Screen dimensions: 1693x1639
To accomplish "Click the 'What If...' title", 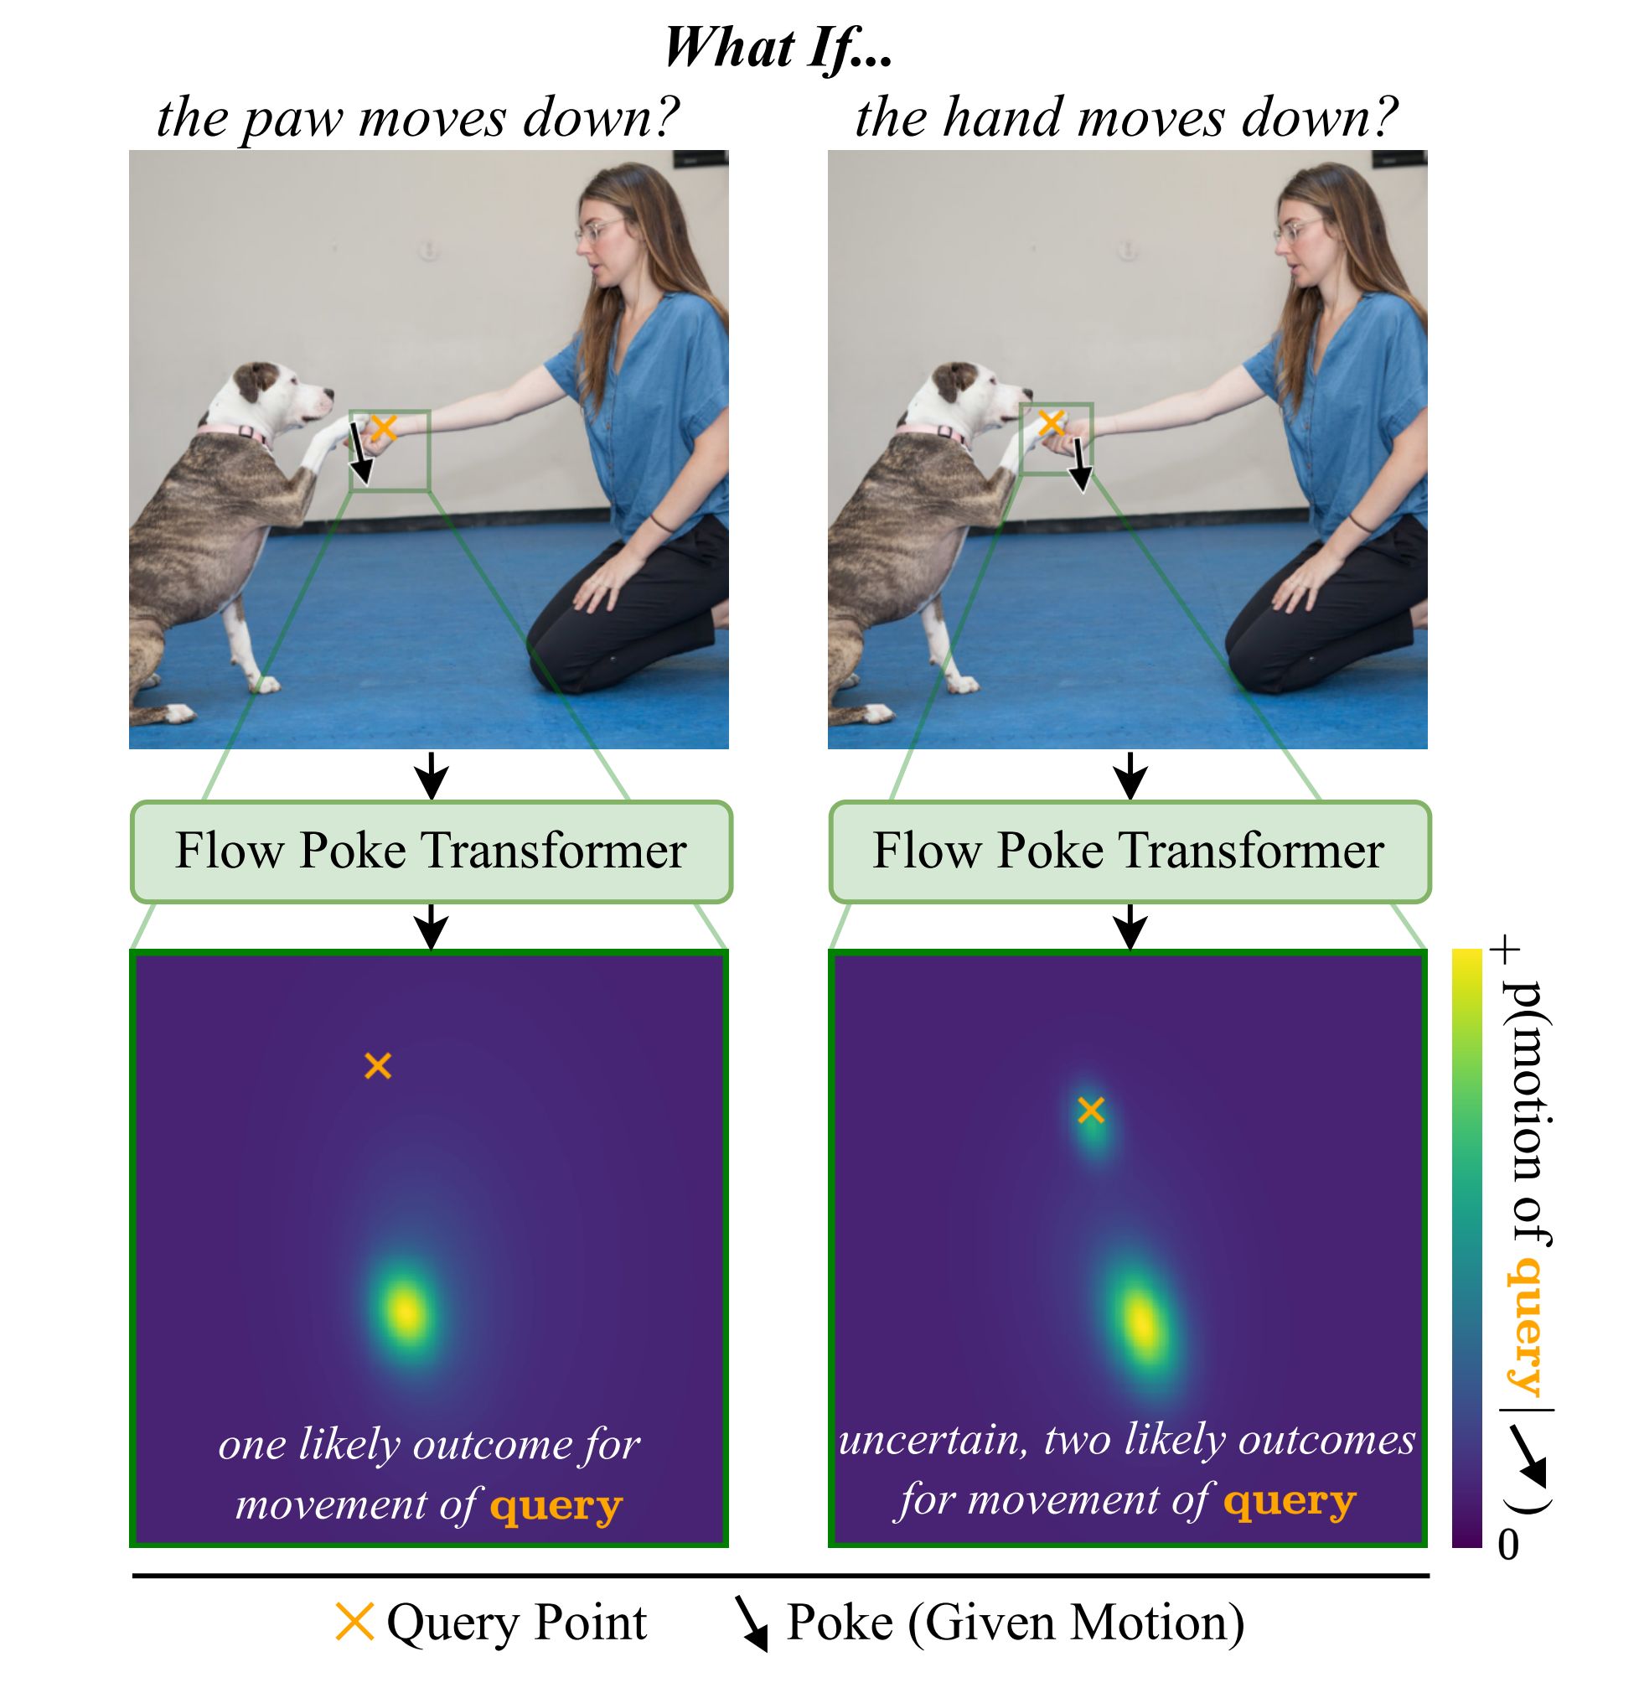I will coord(778,47).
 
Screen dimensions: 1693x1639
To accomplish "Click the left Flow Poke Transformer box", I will coord(431,852).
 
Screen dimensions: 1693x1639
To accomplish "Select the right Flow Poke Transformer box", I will coord(1129,852).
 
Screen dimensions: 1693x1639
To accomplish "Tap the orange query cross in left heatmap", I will coord(378,1066).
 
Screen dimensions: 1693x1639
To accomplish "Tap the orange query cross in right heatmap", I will coord(1092,1110).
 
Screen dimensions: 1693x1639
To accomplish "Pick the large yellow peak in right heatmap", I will coord(1141,1322).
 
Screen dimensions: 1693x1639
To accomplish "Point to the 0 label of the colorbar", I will coord(1507,1545).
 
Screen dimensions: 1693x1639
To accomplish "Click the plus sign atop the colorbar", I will coord(1508,952).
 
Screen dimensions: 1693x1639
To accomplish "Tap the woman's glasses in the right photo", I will coord(1295,228).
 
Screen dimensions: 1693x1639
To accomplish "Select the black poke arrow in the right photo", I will coord(1078,463).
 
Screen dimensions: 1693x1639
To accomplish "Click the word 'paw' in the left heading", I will coord(292,119).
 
